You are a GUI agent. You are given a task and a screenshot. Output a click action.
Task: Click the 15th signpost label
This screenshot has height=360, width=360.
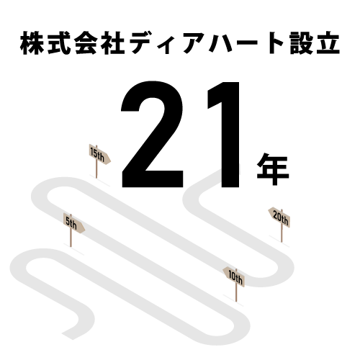97,154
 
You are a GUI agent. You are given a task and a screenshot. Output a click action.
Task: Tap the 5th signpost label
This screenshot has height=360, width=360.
71,223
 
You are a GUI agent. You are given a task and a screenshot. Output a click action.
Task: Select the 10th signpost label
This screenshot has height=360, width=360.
235,277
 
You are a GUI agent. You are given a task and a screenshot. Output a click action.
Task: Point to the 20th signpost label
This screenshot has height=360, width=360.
281,218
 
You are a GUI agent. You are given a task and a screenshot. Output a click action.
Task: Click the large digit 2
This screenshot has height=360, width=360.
152,135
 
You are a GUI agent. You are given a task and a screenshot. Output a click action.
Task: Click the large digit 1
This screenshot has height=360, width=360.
223,135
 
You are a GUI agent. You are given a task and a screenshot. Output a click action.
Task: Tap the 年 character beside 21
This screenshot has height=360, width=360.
273,169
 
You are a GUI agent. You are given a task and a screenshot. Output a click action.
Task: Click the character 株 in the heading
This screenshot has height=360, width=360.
32,43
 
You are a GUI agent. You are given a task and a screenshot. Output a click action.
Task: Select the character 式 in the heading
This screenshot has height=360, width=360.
59,43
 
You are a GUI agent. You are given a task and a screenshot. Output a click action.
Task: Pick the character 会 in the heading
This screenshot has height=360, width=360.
86,43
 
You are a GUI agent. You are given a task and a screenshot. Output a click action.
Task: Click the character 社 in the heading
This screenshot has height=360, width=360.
113,43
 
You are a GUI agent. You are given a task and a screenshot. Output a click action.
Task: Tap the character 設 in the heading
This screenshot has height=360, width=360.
301,43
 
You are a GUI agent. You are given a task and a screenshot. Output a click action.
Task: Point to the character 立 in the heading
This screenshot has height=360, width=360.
328,43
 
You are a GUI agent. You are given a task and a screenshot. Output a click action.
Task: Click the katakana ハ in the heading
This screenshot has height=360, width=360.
221,44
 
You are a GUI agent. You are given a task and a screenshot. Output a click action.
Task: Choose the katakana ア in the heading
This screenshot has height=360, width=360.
194,44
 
